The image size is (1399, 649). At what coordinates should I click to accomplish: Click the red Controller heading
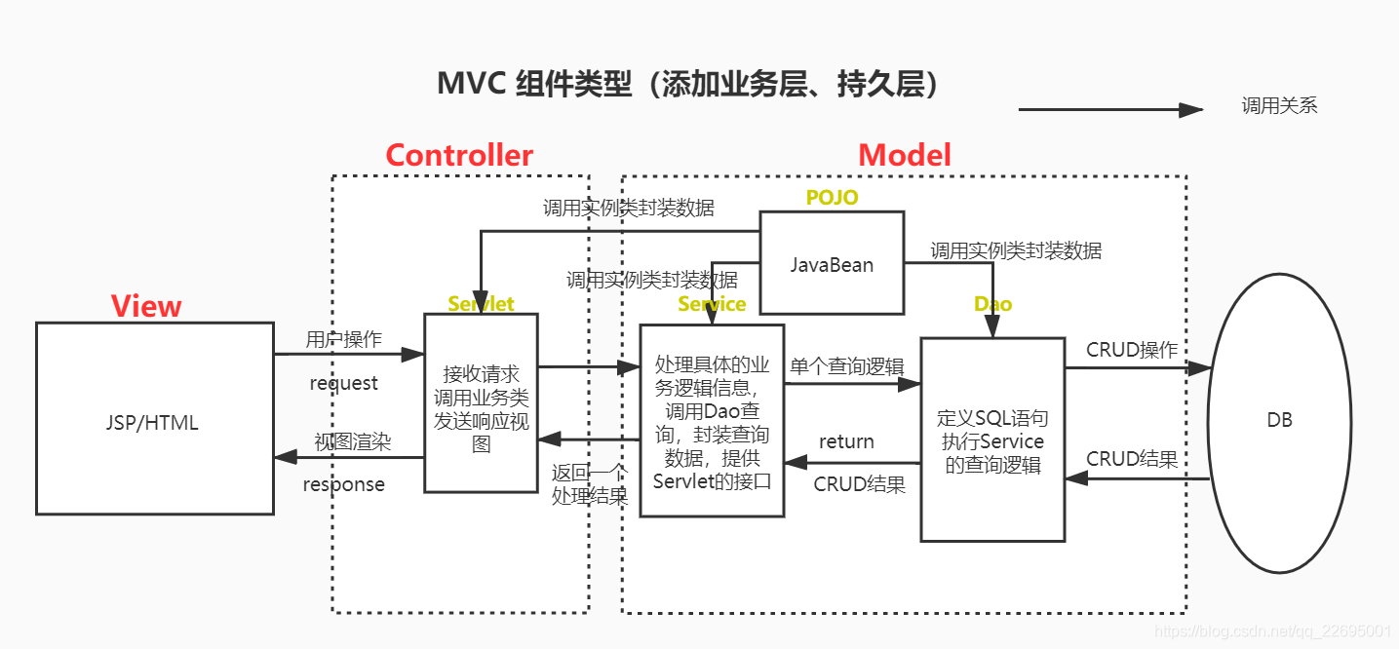click(x=459, y=156)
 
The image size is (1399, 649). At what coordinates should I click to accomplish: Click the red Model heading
click(x=904, y=155)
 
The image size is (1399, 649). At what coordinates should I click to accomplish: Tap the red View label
click(x=146, y=306)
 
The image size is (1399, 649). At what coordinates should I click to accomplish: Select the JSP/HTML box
click(x=154, y=419)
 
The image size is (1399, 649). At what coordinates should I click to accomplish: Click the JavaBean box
click(x=831, y=264)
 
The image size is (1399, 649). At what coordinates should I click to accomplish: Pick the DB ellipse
click(x=1279, y=420)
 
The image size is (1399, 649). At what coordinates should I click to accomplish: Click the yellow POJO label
click(x=832, y=198)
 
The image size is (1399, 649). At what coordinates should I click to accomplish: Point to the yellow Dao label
click(x=992, y=304)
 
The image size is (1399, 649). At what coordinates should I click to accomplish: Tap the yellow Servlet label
click(x=481, y=304)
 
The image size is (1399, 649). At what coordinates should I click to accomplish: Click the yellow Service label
click(x=712, y=304)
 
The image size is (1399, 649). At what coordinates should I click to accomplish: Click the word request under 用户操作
click(x=343, y=383)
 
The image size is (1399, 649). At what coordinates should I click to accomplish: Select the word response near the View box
click(x=343, y=484)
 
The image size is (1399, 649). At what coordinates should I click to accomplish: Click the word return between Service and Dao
click(x=845, y=441)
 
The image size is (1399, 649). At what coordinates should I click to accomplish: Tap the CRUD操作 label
click(x=1132, y=350)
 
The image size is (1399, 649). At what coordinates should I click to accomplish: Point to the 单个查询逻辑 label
click(x=846, y=366)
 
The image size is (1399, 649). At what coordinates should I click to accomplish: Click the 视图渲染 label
click(x=352, y=441)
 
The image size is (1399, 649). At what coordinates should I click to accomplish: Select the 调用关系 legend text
click(x=1279, y=106)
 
